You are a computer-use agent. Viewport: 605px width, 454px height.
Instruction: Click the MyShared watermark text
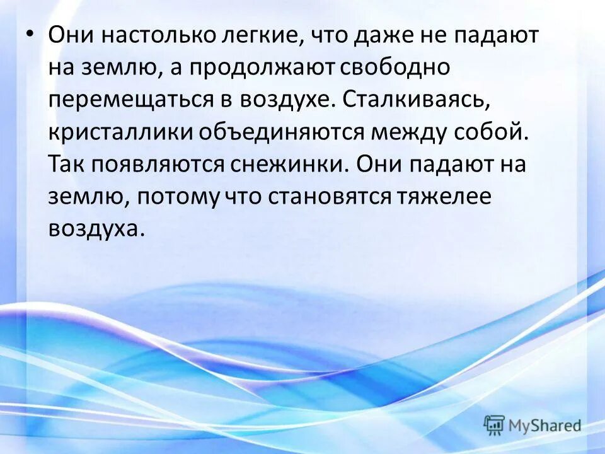pos(544,426)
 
